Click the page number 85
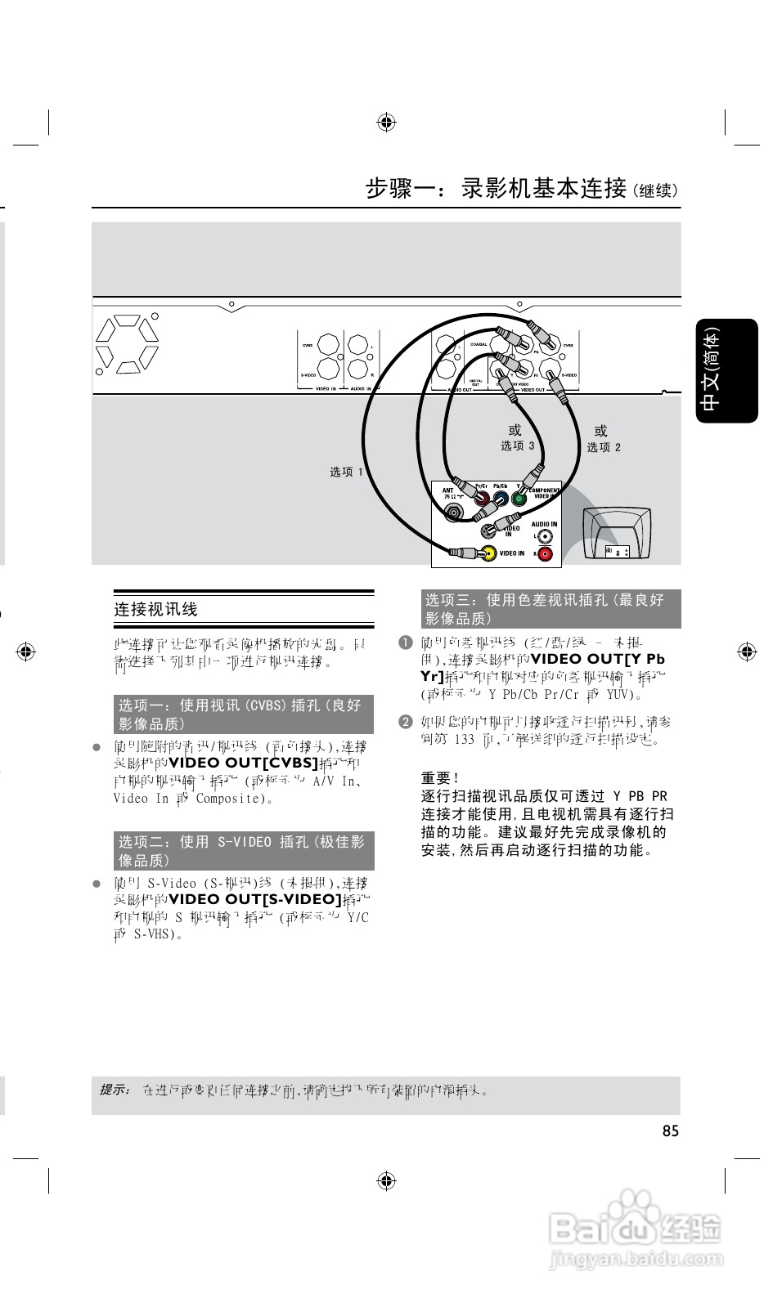(670, 1131)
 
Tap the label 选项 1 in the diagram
(346, 472)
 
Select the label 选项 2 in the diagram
(604, 447)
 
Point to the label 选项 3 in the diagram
(518, 446)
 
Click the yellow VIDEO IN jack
(488, 553)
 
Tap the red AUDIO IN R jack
(545, 554)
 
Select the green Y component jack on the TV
(518, 499)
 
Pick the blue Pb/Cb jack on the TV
(501, 499)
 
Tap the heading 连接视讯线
(155, 609)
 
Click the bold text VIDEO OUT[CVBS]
(242, 763)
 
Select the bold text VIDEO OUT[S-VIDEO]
(254, 899)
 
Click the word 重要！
(440, 778)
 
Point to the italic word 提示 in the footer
(115, 1090)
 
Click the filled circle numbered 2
(405, 722)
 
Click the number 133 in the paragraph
(464, 739)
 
